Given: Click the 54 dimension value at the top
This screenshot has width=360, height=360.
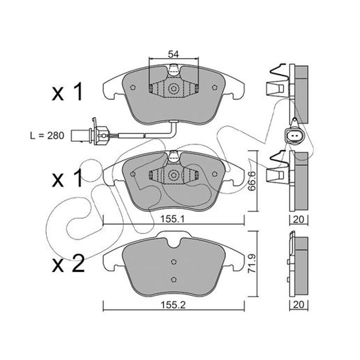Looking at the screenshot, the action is click(x=173, y=54).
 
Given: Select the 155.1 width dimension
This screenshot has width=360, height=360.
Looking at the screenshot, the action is click(x=172, y=219).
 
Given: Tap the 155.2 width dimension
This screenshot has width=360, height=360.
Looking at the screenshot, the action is click(x=173, y=305).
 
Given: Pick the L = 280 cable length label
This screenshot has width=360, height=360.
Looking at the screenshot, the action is click(x=47, y=135).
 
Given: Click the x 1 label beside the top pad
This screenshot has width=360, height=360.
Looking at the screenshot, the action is click(x=67, y=92).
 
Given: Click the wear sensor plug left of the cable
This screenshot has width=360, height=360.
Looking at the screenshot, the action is click(x=90, y=133).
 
